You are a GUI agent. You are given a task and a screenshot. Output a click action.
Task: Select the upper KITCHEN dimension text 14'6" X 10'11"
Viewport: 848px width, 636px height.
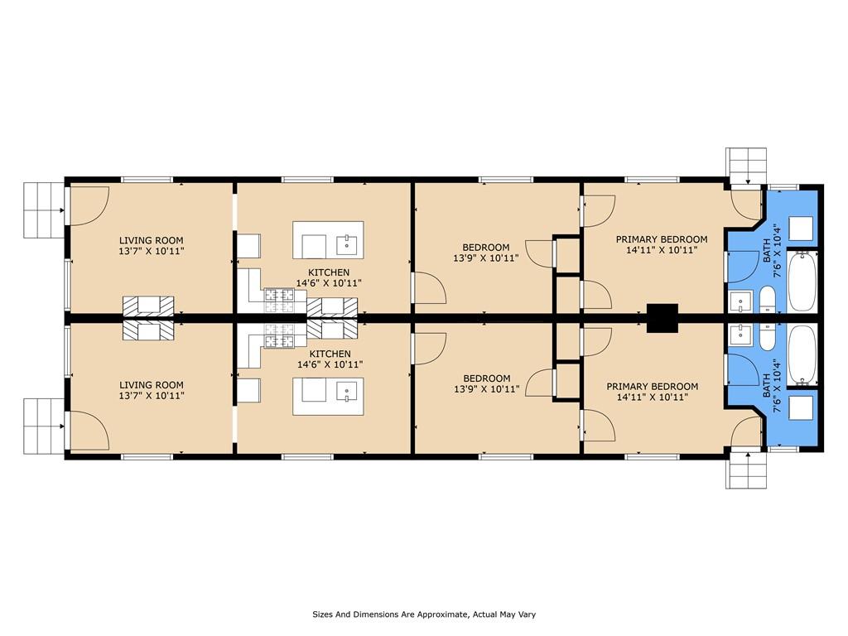(x=329, y=283)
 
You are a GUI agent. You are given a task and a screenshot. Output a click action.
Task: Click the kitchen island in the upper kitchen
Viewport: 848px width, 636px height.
(x=329, y=240)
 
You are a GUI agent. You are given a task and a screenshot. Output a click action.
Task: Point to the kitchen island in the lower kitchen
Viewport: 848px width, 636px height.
(x=329, y=396)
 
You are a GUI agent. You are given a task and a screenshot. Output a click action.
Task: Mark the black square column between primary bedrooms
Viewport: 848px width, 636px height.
(x=662, y=318)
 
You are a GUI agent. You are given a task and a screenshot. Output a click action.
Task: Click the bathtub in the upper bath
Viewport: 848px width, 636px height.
(x=803, y=282)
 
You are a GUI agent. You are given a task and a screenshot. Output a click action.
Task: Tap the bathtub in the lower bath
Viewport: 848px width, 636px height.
(x=803, y=354)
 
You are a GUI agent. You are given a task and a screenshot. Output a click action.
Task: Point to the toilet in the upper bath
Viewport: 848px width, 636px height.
(x=767, y=298)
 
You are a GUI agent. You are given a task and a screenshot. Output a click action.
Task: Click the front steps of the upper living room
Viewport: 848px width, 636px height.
(x=42, y=210)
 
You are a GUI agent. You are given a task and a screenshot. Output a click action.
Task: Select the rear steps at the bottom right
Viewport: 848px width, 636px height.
(x=748, y=474)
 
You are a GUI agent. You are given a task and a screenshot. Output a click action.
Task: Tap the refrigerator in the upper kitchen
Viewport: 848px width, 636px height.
(x=249, y=246)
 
